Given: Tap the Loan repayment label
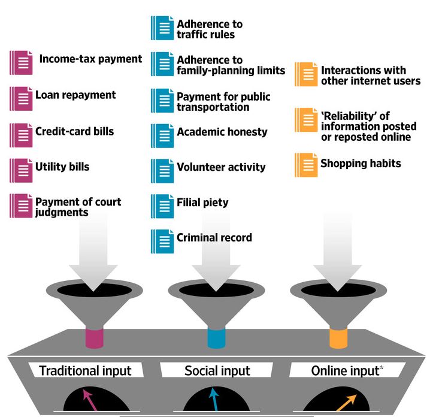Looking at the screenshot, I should pos(75,95).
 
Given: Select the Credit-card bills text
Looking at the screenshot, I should pos(74,131).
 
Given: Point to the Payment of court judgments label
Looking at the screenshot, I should pos(78,207).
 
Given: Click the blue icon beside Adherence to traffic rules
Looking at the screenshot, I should pos(162,28).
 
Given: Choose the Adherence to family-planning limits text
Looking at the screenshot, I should pos(231,65).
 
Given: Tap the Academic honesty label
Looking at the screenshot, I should pos(222,132).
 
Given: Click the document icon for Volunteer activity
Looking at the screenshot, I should pos(162,170).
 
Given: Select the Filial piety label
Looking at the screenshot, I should pos(202,203).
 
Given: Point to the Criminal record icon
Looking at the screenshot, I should pos(162,241).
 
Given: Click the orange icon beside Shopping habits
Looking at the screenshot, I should pos(305,165).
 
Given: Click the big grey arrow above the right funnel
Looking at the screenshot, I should pos(340,252).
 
